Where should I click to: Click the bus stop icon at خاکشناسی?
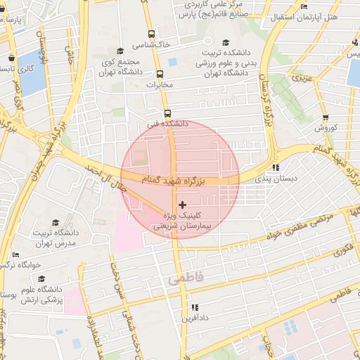[151, 33]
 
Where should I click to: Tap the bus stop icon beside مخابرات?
[160, 74]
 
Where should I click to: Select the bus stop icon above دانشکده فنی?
[167, 112]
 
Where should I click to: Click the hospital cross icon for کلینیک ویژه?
[183, 205]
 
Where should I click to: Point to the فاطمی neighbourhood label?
[185, 279]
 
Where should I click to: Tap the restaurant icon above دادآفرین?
[195, 307]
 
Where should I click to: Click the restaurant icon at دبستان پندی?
[276, 167]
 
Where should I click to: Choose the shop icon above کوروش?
[325, 117]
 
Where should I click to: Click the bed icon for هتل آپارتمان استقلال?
[304, 6]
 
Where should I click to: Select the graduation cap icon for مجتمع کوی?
[120, 51]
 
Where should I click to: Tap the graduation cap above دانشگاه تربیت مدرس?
[55, 222]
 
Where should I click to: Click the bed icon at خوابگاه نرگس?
[15, 255]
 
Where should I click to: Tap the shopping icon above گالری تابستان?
[11, 58]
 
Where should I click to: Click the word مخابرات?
[159, 85]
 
